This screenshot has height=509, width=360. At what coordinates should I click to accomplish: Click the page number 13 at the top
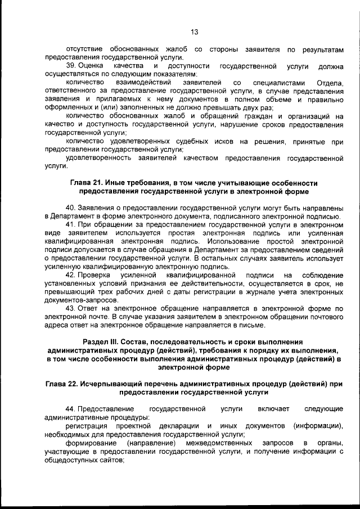[194, 32]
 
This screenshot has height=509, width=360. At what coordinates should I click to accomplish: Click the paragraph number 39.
[70, 66]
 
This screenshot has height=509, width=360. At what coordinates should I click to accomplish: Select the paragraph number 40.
[70, 206]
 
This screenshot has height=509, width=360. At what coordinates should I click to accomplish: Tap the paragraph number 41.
[70, 224]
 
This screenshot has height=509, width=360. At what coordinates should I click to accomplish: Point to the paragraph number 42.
[70, 274]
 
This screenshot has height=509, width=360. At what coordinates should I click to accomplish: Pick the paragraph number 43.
[70, 308]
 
